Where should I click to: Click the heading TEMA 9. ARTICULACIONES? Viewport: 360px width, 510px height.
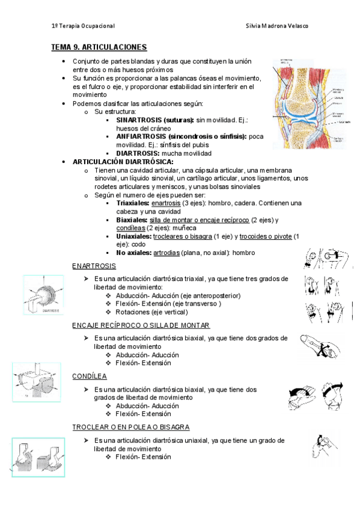point(99,47)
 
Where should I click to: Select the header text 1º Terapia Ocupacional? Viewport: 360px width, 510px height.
point(83,26)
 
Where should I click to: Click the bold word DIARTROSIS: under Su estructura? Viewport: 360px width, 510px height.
point(136,153)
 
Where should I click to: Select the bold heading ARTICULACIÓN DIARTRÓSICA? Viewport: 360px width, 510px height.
point(123,162)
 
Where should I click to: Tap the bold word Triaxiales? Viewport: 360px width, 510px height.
point(133,203)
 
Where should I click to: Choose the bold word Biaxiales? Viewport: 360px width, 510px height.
point(132,220)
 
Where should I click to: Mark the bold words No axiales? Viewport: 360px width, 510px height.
point(133,253)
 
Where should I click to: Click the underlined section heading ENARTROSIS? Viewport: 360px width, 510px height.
point(94,266)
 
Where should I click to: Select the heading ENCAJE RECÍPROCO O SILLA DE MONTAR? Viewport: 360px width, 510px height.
point(141,325)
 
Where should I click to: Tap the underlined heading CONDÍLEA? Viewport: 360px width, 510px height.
point(90,376)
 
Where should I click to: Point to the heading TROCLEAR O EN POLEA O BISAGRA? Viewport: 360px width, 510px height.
point(131,427)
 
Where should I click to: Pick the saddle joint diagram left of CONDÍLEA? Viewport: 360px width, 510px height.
point(34,382)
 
